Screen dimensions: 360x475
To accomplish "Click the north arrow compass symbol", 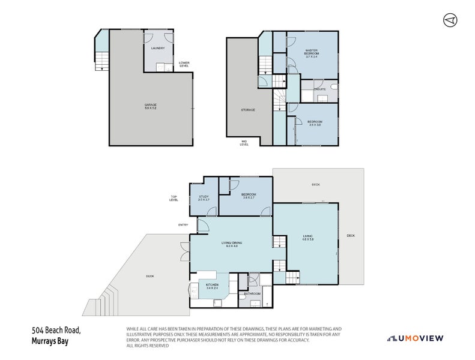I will coord(450,20).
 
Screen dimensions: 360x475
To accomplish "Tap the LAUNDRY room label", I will coord(159,49).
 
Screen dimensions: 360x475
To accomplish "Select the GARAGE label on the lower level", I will coord(150,106).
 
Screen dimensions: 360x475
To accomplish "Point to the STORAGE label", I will coord(248,110).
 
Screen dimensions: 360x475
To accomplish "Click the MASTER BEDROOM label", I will coord(311,52).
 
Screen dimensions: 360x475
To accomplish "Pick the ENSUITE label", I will coord(319,89).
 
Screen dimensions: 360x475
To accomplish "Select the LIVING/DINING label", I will coord(232,243).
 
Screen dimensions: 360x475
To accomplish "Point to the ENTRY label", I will coord(183,225).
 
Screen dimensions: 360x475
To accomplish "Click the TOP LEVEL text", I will coord(174,199).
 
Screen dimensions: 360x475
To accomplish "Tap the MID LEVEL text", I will coord(244,143).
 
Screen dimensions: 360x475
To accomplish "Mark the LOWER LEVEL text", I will coord(184,64).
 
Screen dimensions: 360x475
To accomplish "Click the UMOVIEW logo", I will coord(415,338).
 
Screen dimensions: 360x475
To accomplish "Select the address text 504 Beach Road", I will coord(56,331).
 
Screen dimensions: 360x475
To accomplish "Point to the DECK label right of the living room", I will coord(351,235).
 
